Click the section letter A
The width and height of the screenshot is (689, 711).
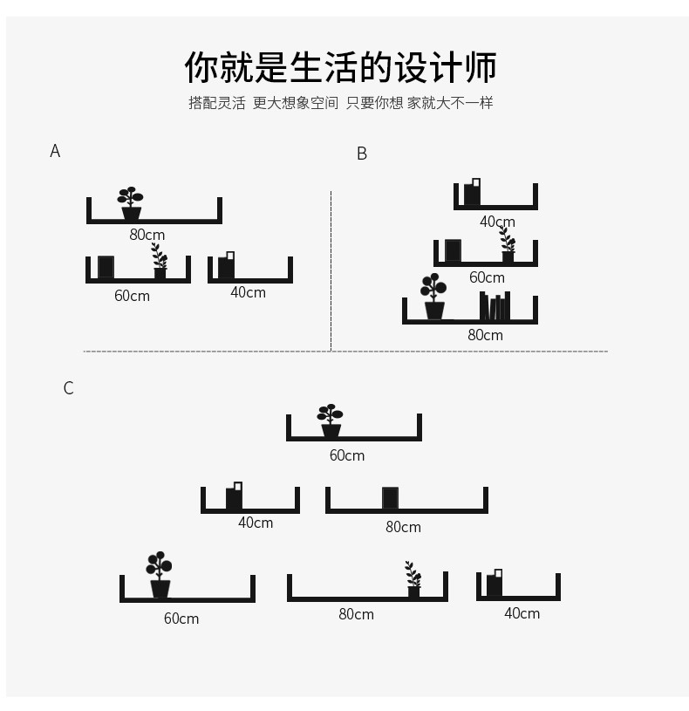(55, 151)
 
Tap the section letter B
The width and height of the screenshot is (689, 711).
(362, 154)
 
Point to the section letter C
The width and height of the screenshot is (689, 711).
(68, 388)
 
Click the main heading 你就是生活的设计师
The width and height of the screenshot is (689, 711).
(341, 67)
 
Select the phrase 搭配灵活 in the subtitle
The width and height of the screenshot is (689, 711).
(217, 103)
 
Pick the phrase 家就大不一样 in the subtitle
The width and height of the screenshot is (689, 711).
(450, 103)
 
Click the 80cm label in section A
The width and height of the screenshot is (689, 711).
(147, 235)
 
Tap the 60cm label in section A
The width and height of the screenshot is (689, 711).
(132, 296)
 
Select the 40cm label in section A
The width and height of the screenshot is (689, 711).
(248, 292)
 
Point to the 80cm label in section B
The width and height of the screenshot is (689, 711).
(485, 335)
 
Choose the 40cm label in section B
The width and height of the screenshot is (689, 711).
(497, 222)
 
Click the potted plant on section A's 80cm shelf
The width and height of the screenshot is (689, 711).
(131, 203)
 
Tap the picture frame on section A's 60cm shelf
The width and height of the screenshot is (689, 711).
(106, 267)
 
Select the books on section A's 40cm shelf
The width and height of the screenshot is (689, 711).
(227, 265)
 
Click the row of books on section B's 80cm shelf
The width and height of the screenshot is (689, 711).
(495, 306)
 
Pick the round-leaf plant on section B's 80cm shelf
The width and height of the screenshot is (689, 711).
(433, 297)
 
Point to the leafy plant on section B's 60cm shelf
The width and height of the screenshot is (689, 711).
(507, 245)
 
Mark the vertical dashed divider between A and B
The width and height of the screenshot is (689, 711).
(331, 270)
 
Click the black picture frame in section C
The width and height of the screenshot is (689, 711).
(390, 498)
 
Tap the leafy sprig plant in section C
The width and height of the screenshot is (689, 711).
(413, 579)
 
